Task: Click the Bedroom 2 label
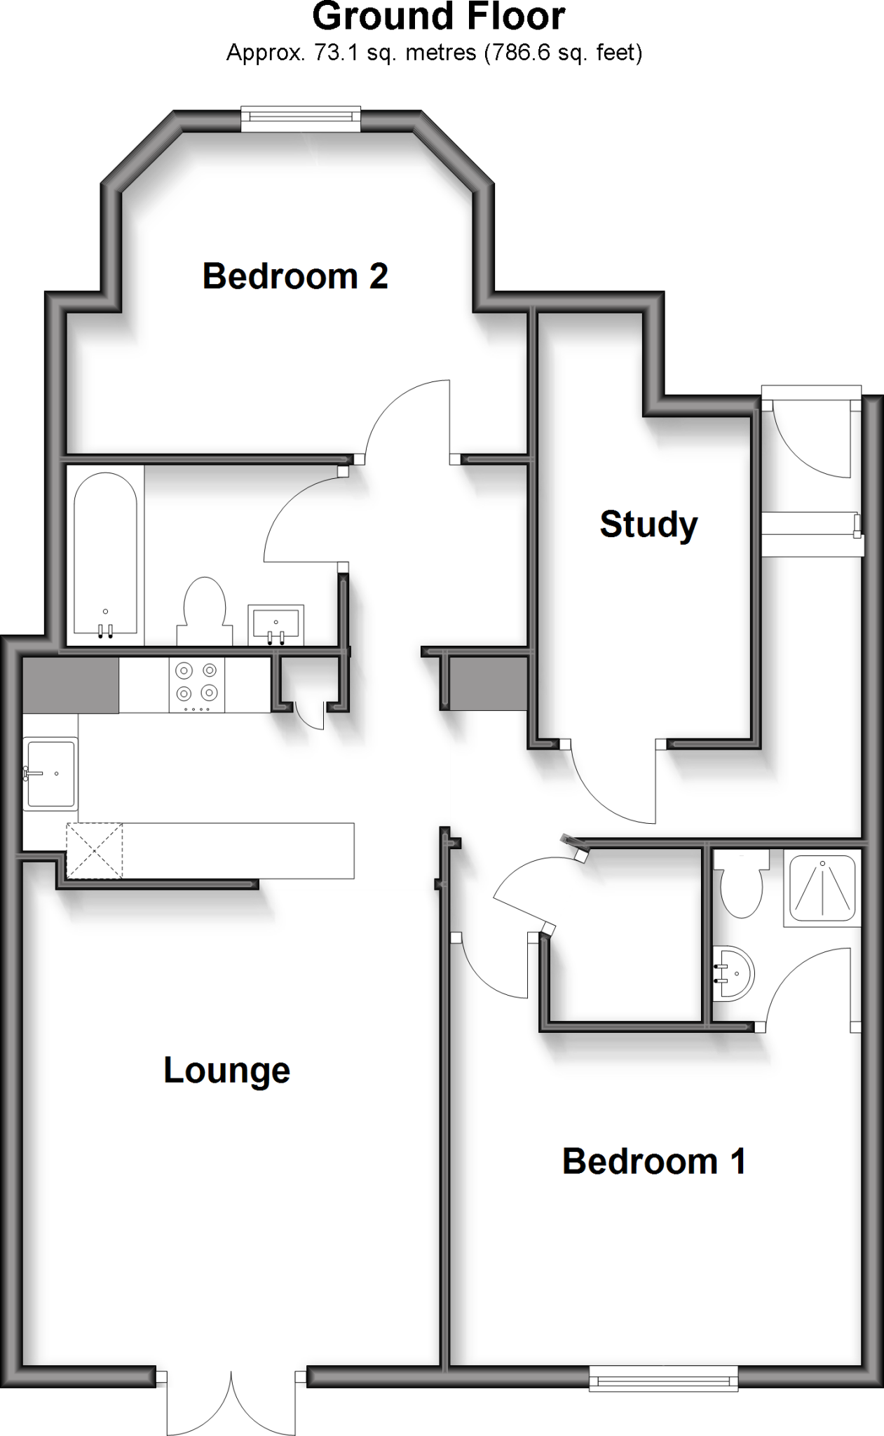tap(295, 276)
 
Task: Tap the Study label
tap(648, 524)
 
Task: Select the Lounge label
tap(226, 1071)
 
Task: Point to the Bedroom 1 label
tap(653, 1161)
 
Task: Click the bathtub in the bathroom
tap(105, 554)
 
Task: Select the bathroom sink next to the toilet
tap(276, 624)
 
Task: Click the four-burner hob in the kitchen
tap(196, 684)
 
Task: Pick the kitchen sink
tap(50, 773)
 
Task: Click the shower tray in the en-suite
tap(822, 886)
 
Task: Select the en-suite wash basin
tap(733, 973)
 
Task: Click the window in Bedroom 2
tap(301, 118)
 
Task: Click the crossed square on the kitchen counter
tap(95, 850)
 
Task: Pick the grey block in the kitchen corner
tap(70, 684)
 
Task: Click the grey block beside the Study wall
tap(488, 684)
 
